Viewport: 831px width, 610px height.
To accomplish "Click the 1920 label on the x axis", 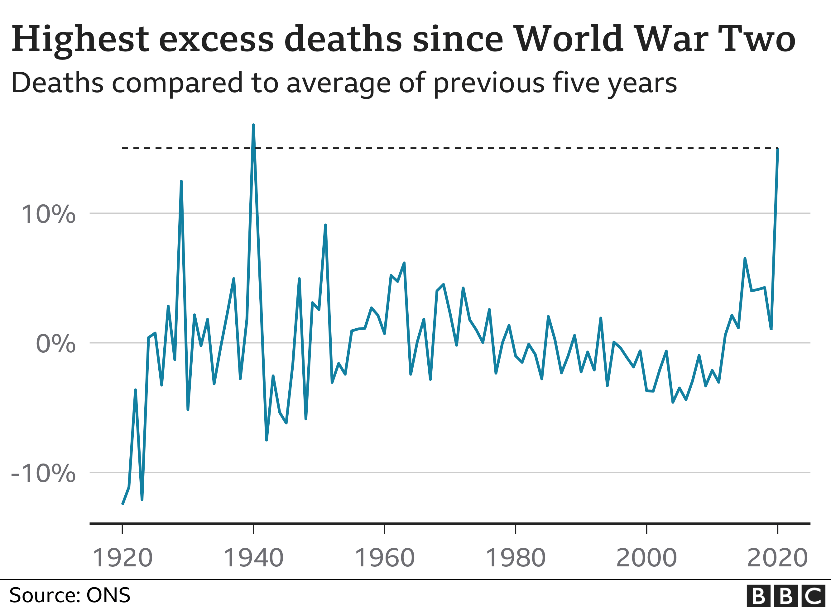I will [x=122, y=558].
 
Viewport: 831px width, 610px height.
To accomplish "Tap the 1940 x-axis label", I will [x=253, y=558].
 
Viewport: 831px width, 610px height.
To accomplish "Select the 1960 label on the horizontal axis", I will [x=384, y=558].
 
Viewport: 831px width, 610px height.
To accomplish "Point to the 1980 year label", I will [x=516, y=558].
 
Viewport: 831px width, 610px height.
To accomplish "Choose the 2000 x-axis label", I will [x=646, y=558].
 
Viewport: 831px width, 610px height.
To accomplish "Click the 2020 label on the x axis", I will [x=777, y=558].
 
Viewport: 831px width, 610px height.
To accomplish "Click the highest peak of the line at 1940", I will [x=253, y=125].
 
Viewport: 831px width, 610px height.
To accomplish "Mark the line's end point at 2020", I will [x=778, y=149].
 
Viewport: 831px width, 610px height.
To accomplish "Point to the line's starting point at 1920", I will [x=122, y=504].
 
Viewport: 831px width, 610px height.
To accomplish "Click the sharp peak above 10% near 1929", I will [x=181, y=182].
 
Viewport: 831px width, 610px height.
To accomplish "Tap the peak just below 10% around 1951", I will [x=325, y=225].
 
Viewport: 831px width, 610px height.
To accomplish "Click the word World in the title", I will [x=569, y=39].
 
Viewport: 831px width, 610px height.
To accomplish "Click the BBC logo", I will [x=785, y=596].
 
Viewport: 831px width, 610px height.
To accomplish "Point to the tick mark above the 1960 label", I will [x=384, y=529].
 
